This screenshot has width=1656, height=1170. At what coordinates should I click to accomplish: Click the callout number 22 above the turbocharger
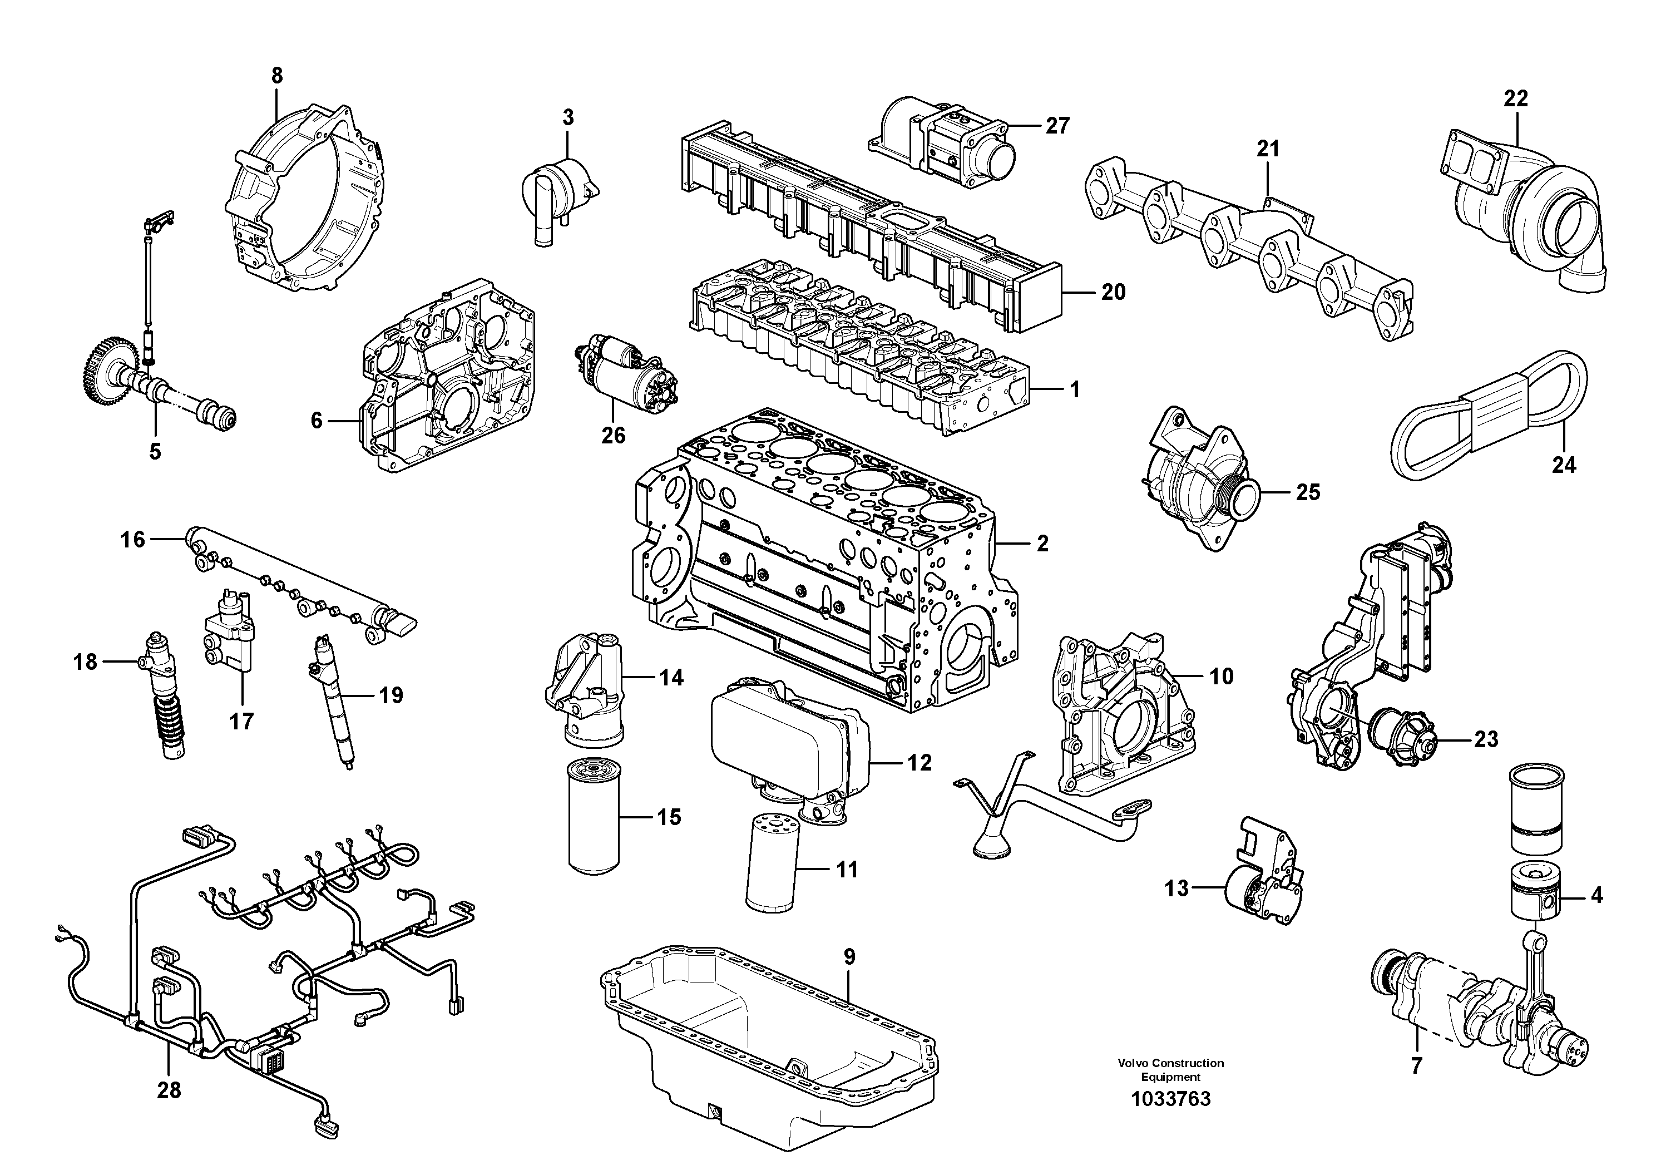[x=1515, y=98]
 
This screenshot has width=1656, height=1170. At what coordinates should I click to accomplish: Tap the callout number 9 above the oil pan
[x=849, y=957]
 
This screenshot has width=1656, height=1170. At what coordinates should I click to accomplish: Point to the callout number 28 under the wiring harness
[x=169, y=1090]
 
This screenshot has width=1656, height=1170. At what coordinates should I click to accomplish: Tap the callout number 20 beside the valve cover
[x=1113, y=292]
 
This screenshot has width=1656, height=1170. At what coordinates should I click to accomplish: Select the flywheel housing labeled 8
[x=303, y=202]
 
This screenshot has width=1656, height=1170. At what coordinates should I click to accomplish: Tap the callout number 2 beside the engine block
[x=1042, y=544]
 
